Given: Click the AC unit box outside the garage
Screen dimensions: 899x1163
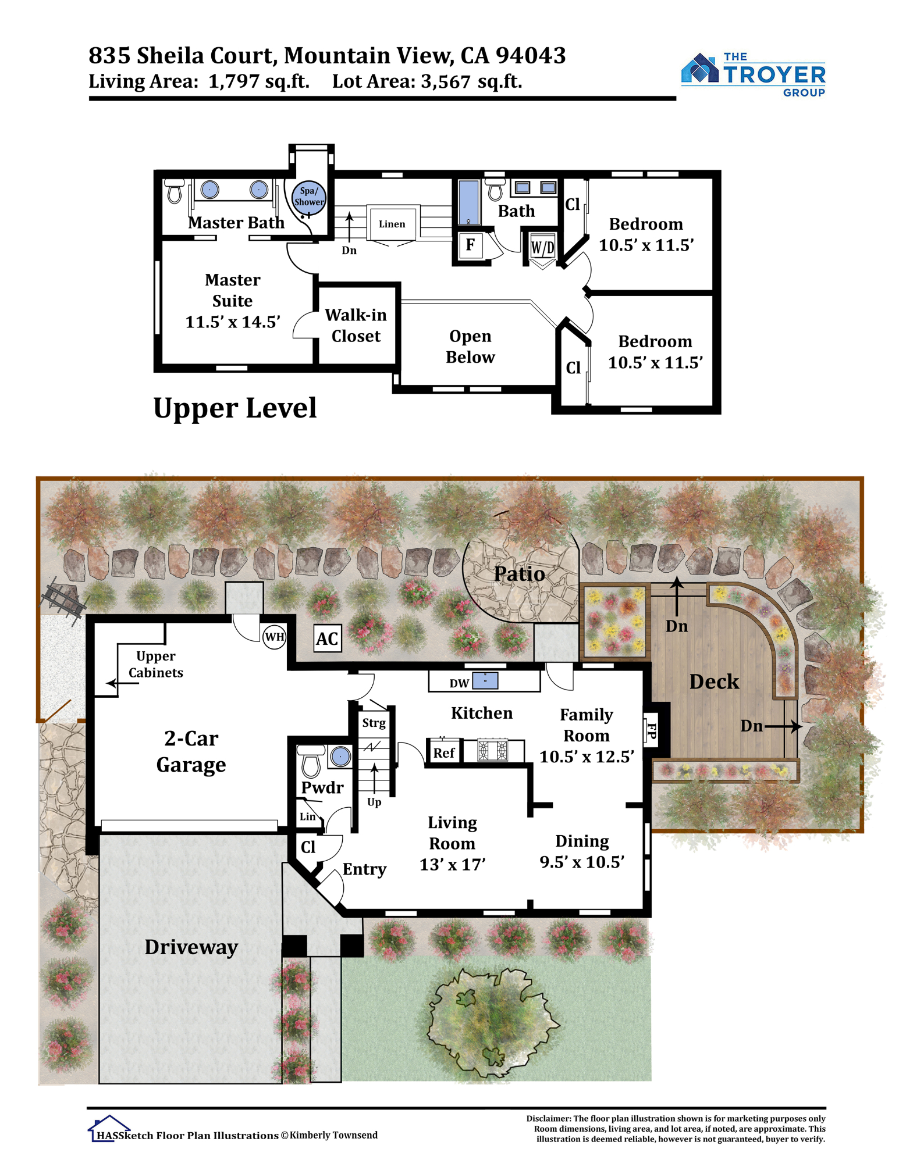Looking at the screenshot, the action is click(x=327, y=638).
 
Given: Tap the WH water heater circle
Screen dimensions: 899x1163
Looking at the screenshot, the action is click(x=275, y=637).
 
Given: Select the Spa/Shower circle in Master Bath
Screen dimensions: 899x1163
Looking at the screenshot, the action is click(x=308, y=198).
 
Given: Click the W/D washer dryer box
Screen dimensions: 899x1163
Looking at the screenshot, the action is click(x=542, y=248).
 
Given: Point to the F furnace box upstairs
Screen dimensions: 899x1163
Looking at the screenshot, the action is click(x=470, y=245).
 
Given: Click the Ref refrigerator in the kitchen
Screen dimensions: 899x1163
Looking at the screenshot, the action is click(x=444, y=752).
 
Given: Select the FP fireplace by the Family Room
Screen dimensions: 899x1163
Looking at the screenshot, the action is click(x=651, y=730).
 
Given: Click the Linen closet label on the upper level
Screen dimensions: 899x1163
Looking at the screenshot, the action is click(x=392, y=224).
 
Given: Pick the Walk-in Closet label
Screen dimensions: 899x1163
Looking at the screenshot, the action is click(x=356, y=326).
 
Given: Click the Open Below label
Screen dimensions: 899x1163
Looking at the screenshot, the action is click(x=470, y=347).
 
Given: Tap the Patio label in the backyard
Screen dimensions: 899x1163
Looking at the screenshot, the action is click(x=519, y=574).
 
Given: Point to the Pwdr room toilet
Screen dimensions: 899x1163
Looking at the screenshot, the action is click(x=311, y=761).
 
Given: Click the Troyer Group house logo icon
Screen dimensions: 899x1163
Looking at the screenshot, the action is click(x=700, y=69).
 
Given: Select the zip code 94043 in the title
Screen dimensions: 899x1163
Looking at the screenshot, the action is click(x=531, y=56).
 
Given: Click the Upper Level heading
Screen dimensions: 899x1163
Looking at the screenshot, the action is click(x=235, y=408).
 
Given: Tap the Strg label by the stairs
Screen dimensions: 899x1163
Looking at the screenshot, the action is click(x=374, y=723).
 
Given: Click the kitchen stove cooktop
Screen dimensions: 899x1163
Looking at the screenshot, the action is click(x=492, y=750).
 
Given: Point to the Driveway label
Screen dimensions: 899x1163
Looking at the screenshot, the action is click(x=191, y=947).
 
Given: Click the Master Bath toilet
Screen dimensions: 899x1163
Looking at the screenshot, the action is click(x=175, y=191).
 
